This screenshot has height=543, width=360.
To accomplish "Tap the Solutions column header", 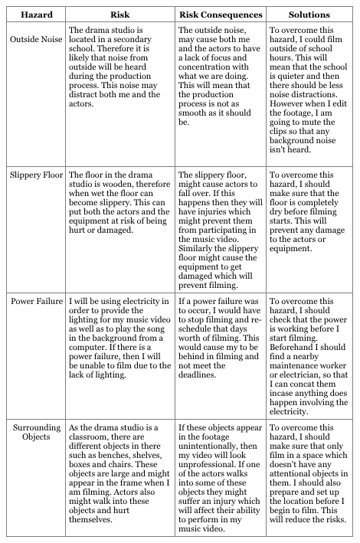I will pyautogui.click(x=309, y=15).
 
